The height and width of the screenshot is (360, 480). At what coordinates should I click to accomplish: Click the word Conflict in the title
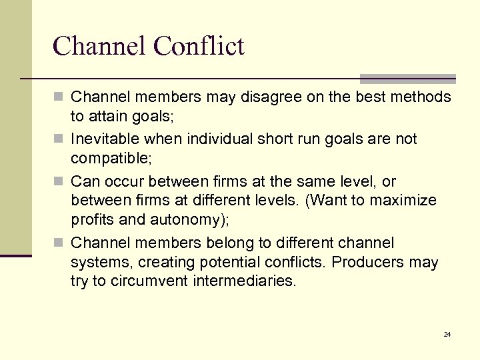[198, 46]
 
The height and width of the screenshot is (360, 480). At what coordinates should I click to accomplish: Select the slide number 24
[447, 334]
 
